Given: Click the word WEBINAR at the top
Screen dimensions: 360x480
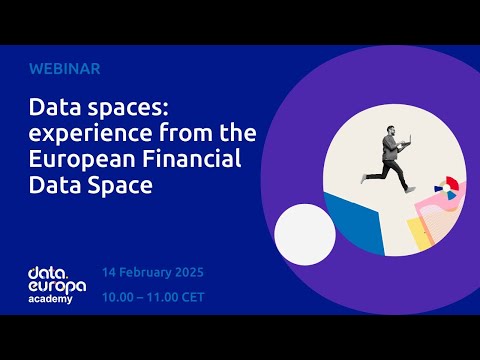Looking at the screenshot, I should point(65,69).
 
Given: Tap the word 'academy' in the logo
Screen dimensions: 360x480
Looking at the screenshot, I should point(50,299).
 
